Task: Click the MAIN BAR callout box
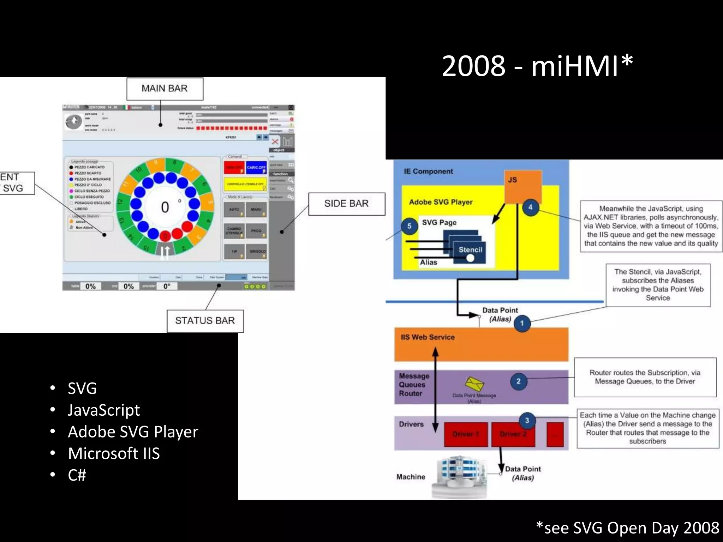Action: (165, 89)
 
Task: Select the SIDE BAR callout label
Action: (346, 204)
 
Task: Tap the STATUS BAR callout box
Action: (205, 321)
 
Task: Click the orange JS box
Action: (523, 186)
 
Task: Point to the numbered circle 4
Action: (530, 207)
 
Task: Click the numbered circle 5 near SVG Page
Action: (409, 226)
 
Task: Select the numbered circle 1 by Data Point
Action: (522, 323)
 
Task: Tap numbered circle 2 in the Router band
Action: (518, 381)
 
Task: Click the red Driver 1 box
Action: (466, 434)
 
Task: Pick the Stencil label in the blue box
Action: (470, 250)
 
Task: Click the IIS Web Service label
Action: (428, 337)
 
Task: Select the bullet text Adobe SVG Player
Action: (133, 432)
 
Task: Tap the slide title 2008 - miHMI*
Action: (537, 66)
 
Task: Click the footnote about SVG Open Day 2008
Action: (627, 528)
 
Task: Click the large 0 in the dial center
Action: (165, 207)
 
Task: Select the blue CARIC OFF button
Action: (256, 167)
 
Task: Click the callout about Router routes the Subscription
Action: (645, 377)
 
